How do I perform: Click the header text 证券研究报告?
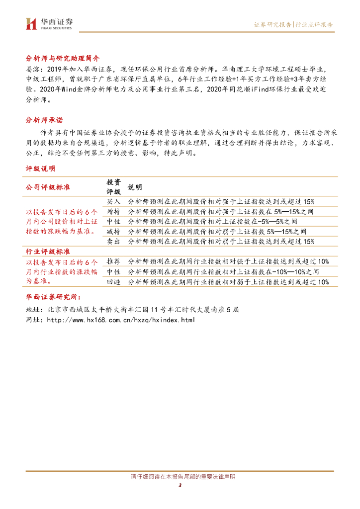tap(272, 24)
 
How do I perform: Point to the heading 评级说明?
tap(40, 170)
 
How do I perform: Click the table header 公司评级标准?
tap(48, 187)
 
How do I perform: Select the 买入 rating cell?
tap(114, 201)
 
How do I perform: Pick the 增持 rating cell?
tap(114, 211)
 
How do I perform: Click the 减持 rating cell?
tap(114, 231)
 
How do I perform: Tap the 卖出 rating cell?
tap(114, 241)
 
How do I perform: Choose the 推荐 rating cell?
tap(114, 261)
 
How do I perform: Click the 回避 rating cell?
tap(114, 282)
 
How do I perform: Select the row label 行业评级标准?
tap(48, 252)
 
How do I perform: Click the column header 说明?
tap(135, 187)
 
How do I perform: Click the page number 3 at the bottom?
tap(180, 486)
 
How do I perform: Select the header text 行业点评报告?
tap(314, 24)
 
